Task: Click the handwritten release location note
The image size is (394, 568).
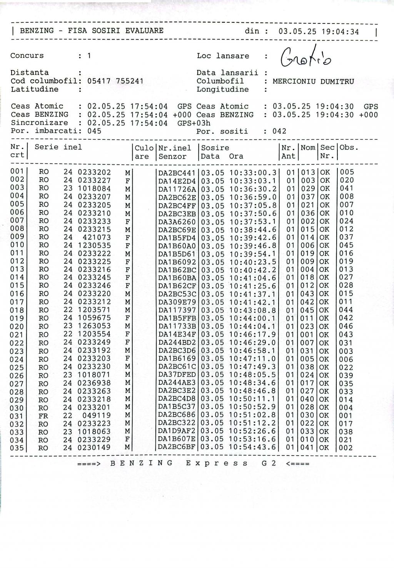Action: [x=306, y=57]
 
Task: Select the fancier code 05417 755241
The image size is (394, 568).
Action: [x=115, y=81]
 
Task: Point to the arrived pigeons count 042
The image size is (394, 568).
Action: [x=279, y=131]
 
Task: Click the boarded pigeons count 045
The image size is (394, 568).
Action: [x=94, y=131]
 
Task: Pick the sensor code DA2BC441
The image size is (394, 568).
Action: [x=177, y=173]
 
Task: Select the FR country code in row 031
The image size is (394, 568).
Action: [x=43, y=416]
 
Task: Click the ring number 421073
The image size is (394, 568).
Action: [x=97, y=237]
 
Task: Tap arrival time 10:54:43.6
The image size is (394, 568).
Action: [x=253, y=447]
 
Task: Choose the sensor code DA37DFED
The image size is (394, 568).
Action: [x=177, y=375]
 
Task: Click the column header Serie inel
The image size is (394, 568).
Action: [x=58, y=147]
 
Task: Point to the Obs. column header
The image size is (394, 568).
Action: [x=349, y=147]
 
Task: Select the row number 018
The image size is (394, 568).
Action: [x=17, y=310]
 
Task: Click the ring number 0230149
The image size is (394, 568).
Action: [x=94, y=447]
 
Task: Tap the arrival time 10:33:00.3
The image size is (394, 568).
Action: [x=253, y=173]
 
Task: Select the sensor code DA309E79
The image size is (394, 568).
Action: [x=177, y=302]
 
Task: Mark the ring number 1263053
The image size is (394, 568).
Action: [x=94, y=326]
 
